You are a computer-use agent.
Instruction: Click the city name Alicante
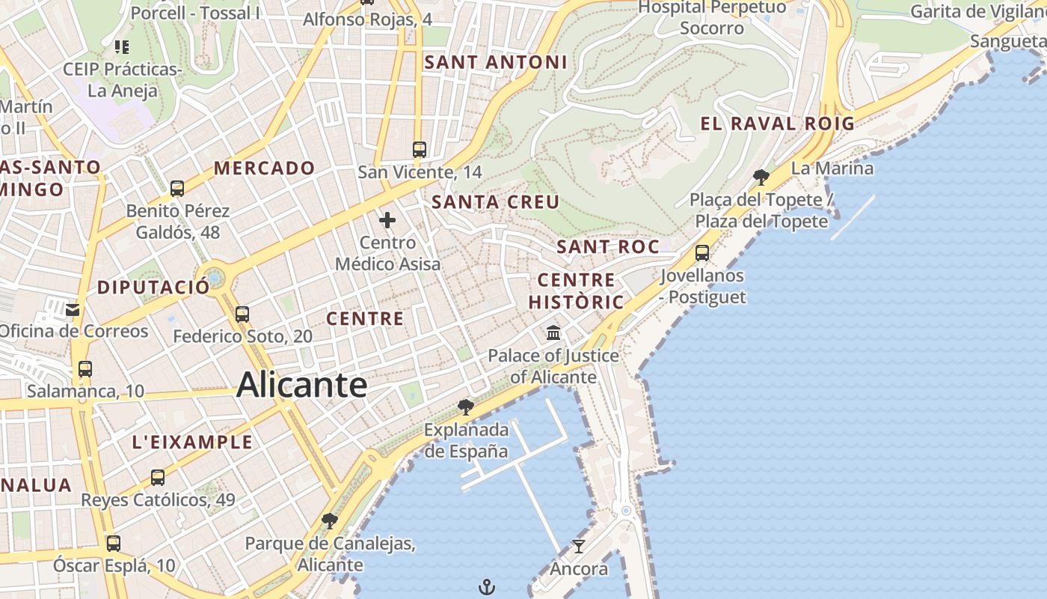pyautogui.click(x=301, y=386)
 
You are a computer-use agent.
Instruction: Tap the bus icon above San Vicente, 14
pyautogui.click(x=420, y=149)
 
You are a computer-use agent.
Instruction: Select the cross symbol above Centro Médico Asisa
pyautogui.click(x=387, y=220)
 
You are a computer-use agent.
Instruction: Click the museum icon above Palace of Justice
pyautogui.click(x=553, y=332)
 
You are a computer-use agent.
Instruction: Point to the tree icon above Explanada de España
pyautogui.click(x=465, y=407)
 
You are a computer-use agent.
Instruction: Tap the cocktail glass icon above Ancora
pyautogui.click(x=578, y=546)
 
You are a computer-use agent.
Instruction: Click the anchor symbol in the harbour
pyautogui.click(x=487, y=586)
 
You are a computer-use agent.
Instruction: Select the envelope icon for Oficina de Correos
pyautogui.click(x=73, y=309)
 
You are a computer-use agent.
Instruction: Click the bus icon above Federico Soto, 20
pyautogui.click(x=242, y=314)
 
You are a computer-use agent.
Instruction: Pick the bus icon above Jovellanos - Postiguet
pyautogui.click(x=702, y=253)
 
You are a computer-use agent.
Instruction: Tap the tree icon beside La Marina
pyautogui.click(x=761, y=177)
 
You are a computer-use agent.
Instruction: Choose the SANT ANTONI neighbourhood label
pyautogui.click(x=496, y=62)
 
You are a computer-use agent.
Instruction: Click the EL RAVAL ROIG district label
pyautogui.click(x=777, y=124)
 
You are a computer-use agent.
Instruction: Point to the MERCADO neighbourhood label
pyautogui.click(x=264, y=168)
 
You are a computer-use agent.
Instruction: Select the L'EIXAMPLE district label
pyautogui.click(x=192, y=442)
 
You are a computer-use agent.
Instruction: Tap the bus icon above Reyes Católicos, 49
pyautogui.click(x=158, y=477)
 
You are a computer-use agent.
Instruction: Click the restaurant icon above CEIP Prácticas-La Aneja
pyautogui.click(x=122, y=47)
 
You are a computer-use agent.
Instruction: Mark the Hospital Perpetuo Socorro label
pyautogui.click(x=712, y=18)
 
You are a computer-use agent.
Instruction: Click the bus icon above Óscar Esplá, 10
pyautogui.click(x=114, y=543)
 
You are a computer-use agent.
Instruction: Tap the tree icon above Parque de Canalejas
pyautogui.click(x=329, y=520)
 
